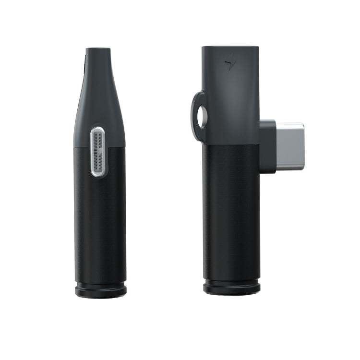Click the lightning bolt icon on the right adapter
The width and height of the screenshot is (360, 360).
point(230,65)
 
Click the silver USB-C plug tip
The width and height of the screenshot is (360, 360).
point(290,146)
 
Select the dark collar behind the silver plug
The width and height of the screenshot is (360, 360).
point(268,146)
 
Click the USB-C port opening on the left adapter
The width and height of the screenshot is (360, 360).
point(98,152)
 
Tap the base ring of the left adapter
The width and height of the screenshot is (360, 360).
point(101,290)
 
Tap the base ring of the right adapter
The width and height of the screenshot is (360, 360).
point(232,288)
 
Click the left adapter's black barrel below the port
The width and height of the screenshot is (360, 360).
point(100,226)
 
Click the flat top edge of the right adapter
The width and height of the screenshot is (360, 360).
point(230,47)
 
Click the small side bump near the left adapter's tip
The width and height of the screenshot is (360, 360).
point(85,67)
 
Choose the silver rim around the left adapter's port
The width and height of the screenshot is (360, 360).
point(92,152)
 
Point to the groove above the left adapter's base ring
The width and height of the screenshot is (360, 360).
point(100,283)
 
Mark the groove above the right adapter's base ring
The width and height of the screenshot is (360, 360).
point(232,281)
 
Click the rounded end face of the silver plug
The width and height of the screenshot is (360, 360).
point(302,146)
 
